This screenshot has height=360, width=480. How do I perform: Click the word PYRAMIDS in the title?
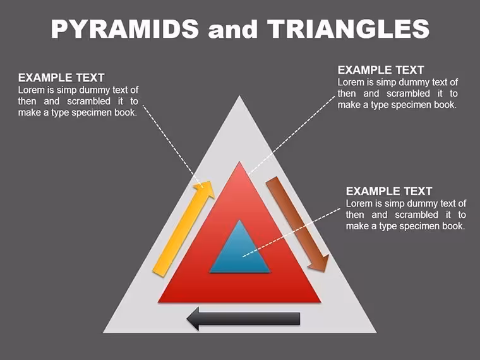[x=125, y=28]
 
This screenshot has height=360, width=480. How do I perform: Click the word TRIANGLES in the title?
[x=349, y=28]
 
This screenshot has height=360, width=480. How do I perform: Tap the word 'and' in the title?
[x=232, y=30]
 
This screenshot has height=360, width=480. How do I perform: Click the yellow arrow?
[x=183, y=229]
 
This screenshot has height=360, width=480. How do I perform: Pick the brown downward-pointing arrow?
[x=297, y=224]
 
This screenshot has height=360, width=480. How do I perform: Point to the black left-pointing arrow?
[x=243, y=319]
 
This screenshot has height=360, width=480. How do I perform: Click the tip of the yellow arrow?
[x=211, y=181]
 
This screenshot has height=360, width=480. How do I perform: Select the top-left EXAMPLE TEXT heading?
[x=61, y=78]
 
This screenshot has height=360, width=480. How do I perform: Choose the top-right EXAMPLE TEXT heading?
[x=381, y=70]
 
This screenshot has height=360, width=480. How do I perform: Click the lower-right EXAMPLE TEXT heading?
[x=389, y=191]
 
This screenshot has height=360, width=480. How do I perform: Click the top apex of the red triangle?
[x=239, y=162]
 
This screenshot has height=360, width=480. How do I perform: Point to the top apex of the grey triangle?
[x=239, y=96]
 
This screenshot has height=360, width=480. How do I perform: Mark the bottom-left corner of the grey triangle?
[x=104, y=332]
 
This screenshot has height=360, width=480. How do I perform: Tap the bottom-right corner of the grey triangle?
[x=376, y=332]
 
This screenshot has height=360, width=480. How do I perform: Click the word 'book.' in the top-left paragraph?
[x=126, y=112]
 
